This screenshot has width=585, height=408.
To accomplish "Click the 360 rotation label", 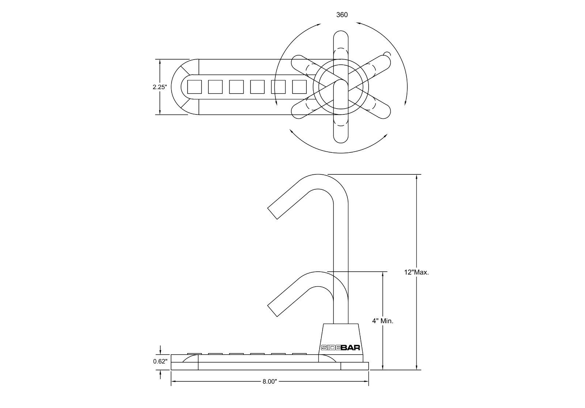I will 341,15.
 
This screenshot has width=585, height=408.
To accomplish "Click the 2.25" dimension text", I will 160,87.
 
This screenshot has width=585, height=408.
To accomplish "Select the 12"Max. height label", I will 416,272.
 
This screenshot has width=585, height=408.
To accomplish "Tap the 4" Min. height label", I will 382,321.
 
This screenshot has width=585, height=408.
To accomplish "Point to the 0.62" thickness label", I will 160,362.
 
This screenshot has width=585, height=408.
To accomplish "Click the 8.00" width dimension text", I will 269,382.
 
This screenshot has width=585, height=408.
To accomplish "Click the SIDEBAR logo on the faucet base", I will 340,348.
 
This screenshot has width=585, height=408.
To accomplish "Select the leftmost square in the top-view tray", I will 194,87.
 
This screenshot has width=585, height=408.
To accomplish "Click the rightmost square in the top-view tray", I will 299,87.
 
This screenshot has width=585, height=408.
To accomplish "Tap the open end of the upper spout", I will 273,213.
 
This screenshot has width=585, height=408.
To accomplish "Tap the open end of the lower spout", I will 273,310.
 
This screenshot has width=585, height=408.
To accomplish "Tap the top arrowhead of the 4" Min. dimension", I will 382,274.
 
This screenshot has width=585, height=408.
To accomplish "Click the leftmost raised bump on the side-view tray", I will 194,354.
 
